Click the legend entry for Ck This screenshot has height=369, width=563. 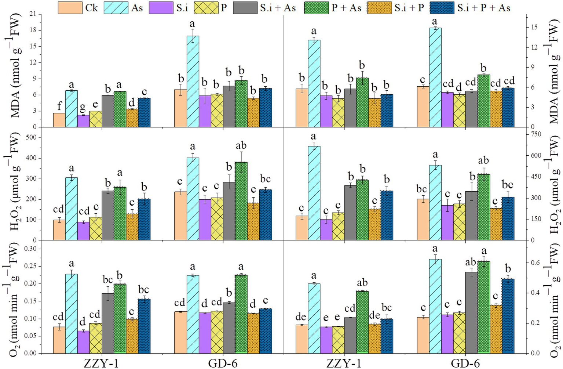(78, 8)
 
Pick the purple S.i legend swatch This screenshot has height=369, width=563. (160, 8)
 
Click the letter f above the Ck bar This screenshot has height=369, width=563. (59, 106)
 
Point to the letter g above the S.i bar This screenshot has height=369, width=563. (83, 108)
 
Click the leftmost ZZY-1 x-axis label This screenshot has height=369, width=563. (101, 363)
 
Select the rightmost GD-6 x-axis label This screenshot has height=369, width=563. (465, 363)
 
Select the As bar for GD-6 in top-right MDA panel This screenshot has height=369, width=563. (435, 77)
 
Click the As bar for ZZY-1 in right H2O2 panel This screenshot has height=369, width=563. (314, 193)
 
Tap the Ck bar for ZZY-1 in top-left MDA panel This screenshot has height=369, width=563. (59, 120)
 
